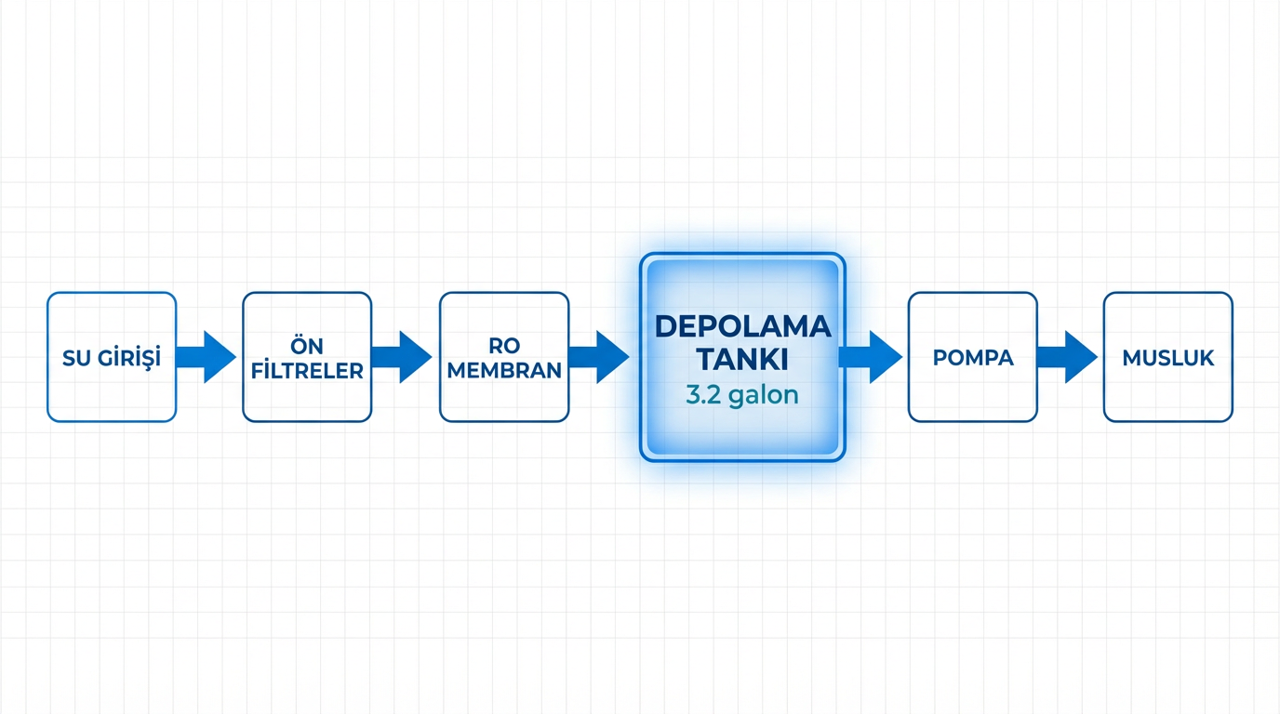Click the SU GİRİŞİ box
tap(112, 357)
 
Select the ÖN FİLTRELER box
tap(307, 357)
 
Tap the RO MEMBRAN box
tap(504, 357)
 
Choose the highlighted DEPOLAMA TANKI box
tap(742, 357)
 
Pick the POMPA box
tap(973, 357)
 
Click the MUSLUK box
tap(1168, 357)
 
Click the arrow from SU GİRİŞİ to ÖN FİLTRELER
tap(207, 357)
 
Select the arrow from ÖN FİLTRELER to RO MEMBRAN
tap(402, 357)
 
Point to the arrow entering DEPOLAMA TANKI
tap(599, 357)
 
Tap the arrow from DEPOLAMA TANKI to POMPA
tap(871, 357)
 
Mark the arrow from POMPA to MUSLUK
tap(1067, 357)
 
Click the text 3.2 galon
tap(742, 395)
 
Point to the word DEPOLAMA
tap(742, 326)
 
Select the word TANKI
tap(742, 360)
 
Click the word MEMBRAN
tap(504, 371)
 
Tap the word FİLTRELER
tap(307, 371)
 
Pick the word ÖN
tap(307, 345)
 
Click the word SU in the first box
tap(76, 358)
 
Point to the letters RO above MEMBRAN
tap(504, 346)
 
